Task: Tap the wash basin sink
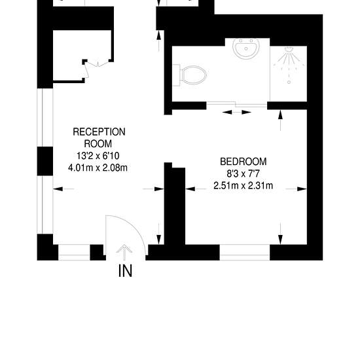(x=246, y=48)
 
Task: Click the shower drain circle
(x=289, y=82)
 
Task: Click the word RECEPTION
(x=99, y=132)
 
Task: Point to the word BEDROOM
(x=243, y=162)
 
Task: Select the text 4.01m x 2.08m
(x=98, y=168)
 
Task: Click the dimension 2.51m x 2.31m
(x=243, y=185)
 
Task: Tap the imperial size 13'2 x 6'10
(x=98, y=156)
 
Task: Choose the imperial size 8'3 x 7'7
(x=243, y=173)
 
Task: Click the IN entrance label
(x=125, y=271)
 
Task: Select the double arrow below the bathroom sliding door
(x=237, y=113)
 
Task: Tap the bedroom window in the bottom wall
(x=245, y=252)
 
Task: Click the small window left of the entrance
(x=74, y=252)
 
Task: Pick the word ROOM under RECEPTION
(x=98, y=144)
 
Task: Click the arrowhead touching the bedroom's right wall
(x=302, y=189)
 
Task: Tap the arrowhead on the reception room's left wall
(x=58, y=189)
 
